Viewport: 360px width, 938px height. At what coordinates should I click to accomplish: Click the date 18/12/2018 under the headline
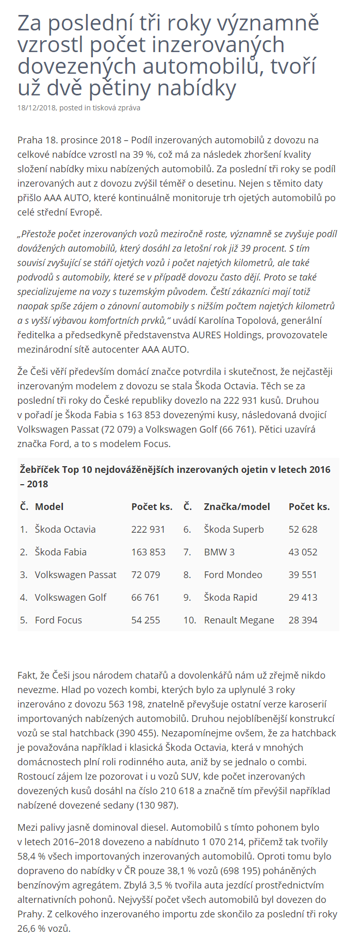37,108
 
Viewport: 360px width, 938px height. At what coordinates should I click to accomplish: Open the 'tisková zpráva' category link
116,108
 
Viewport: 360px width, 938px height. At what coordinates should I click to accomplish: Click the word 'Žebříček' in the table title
40,469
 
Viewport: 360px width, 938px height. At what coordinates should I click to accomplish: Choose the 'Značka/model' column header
237,506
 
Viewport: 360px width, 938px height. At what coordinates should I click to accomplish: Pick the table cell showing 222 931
148,529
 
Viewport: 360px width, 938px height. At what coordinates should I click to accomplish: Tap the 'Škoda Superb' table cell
234,529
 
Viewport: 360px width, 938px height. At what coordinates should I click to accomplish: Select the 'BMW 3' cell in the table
219,552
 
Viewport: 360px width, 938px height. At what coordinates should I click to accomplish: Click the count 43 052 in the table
303,552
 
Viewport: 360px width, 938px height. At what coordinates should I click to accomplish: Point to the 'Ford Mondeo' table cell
233,574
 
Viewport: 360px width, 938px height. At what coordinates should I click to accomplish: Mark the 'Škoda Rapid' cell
231,597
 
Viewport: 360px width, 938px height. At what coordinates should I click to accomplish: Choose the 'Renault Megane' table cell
239,620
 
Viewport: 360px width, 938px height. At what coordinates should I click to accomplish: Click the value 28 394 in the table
303,620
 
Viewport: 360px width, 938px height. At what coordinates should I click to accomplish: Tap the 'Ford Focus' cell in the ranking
58,620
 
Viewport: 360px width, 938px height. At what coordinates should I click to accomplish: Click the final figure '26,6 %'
32,929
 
